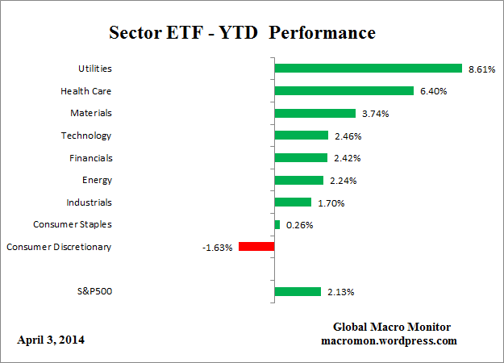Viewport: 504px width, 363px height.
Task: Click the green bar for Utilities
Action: [368, 69]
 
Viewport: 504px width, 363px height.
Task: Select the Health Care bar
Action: [344, 91]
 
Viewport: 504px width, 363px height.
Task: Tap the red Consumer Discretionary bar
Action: [256, 247]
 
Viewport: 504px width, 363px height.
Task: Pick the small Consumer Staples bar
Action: [277, 224]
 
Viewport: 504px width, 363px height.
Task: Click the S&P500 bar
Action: [298, 291]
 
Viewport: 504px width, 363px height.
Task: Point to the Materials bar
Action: [314, 114]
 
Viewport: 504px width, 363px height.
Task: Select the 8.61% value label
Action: [481, 69]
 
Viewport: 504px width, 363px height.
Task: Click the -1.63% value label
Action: [217, 248]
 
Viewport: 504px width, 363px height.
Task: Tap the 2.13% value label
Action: [341, 292]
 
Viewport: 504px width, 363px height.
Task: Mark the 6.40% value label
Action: [433, 92]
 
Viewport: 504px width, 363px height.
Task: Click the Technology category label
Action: [86, 136]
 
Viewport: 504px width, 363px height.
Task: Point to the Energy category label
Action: [97, 180]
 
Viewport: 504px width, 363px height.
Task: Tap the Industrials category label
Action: [89, 202]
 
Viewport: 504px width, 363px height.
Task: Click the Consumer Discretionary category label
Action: [59, 247]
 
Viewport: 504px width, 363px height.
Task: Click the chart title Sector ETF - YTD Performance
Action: [242, 34]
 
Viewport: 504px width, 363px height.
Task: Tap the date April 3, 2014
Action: [51, 340]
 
